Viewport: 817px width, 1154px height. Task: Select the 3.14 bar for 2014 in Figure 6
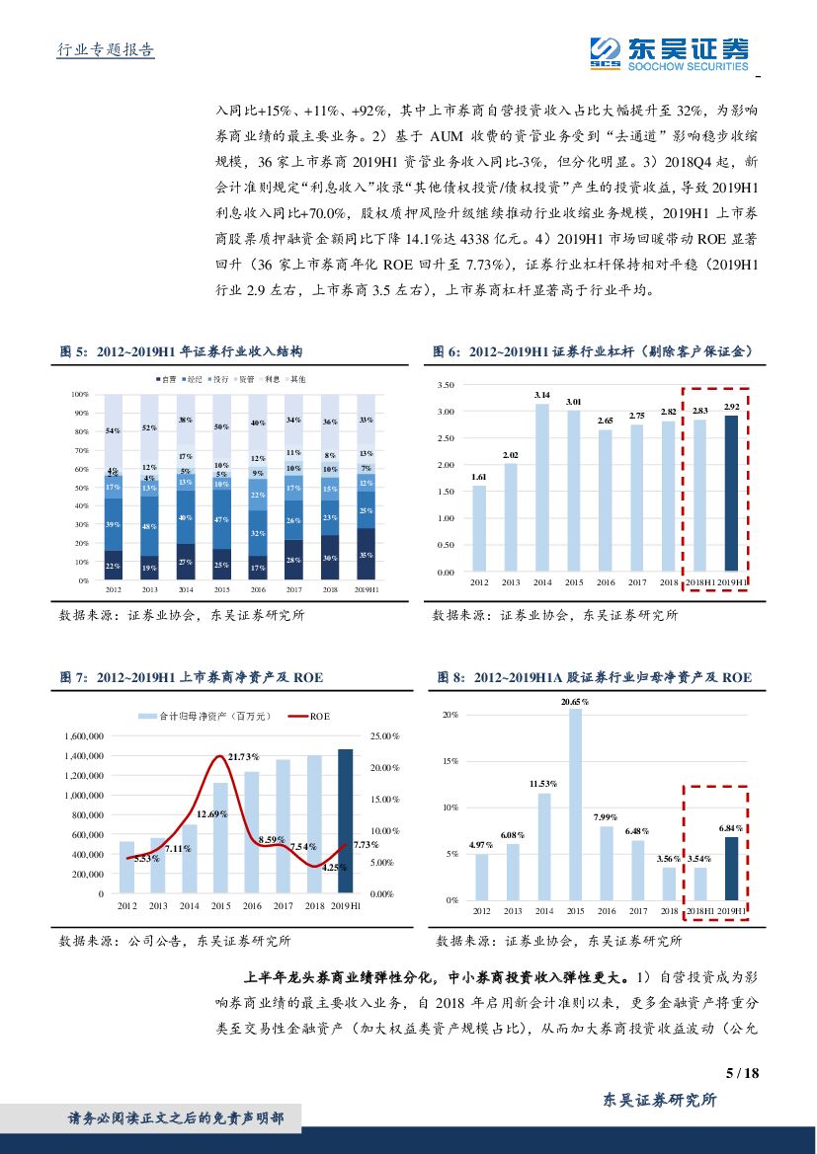541,488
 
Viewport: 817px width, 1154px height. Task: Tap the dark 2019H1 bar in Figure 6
731,494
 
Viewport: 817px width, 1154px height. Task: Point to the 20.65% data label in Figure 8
574,701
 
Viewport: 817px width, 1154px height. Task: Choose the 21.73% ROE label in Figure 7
243,756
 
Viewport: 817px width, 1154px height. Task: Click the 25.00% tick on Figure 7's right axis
382,736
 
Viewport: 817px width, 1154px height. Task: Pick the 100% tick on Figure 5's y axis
81,394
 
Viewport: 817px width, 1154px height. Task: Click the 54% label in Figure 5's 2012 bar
113,431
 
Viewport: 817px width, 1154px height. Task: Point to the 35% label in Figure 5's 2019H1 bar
366,556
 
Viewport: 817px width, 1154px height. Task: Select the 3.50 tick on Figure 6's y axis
445,384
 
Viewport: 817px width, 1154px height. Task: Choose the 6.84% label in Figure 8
731,828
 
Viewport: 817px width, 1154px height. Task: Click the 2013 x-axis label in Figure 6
511,583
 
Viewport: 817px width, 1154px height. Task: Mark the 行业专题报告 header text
101,50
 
